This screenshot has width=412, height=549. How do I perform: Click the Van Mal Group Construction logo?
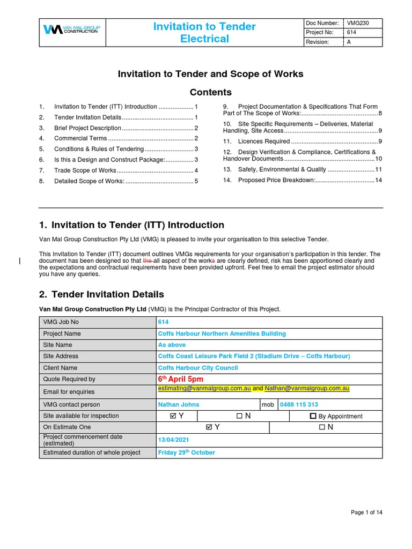(71, 30)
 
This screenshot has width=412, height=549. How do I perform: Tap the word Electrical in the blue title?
(204, 39)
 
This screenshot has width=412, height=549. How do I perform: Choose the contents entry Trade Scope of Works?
(85, 170)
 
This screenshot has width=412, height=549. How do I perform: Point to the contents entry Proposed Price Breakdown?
(276, 180)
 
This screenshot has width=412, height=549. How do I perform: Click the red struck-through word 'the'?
(147, 261)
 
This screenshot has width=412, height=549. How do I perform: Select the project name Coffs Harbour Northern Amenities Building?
(222, 333)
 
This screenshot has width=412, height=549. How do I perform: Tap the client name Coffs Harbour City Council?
(198, 368)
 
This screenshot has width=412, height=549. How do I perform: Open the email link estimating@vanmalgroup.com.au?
(204, 388)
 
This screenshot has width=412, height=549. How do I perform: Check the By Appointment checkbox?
(313, 416)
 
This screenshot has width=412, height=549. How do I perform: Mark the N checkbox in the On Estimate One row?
(321, 427)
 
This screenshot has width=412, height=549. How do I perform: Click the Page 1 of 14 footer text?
(366, 513)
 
